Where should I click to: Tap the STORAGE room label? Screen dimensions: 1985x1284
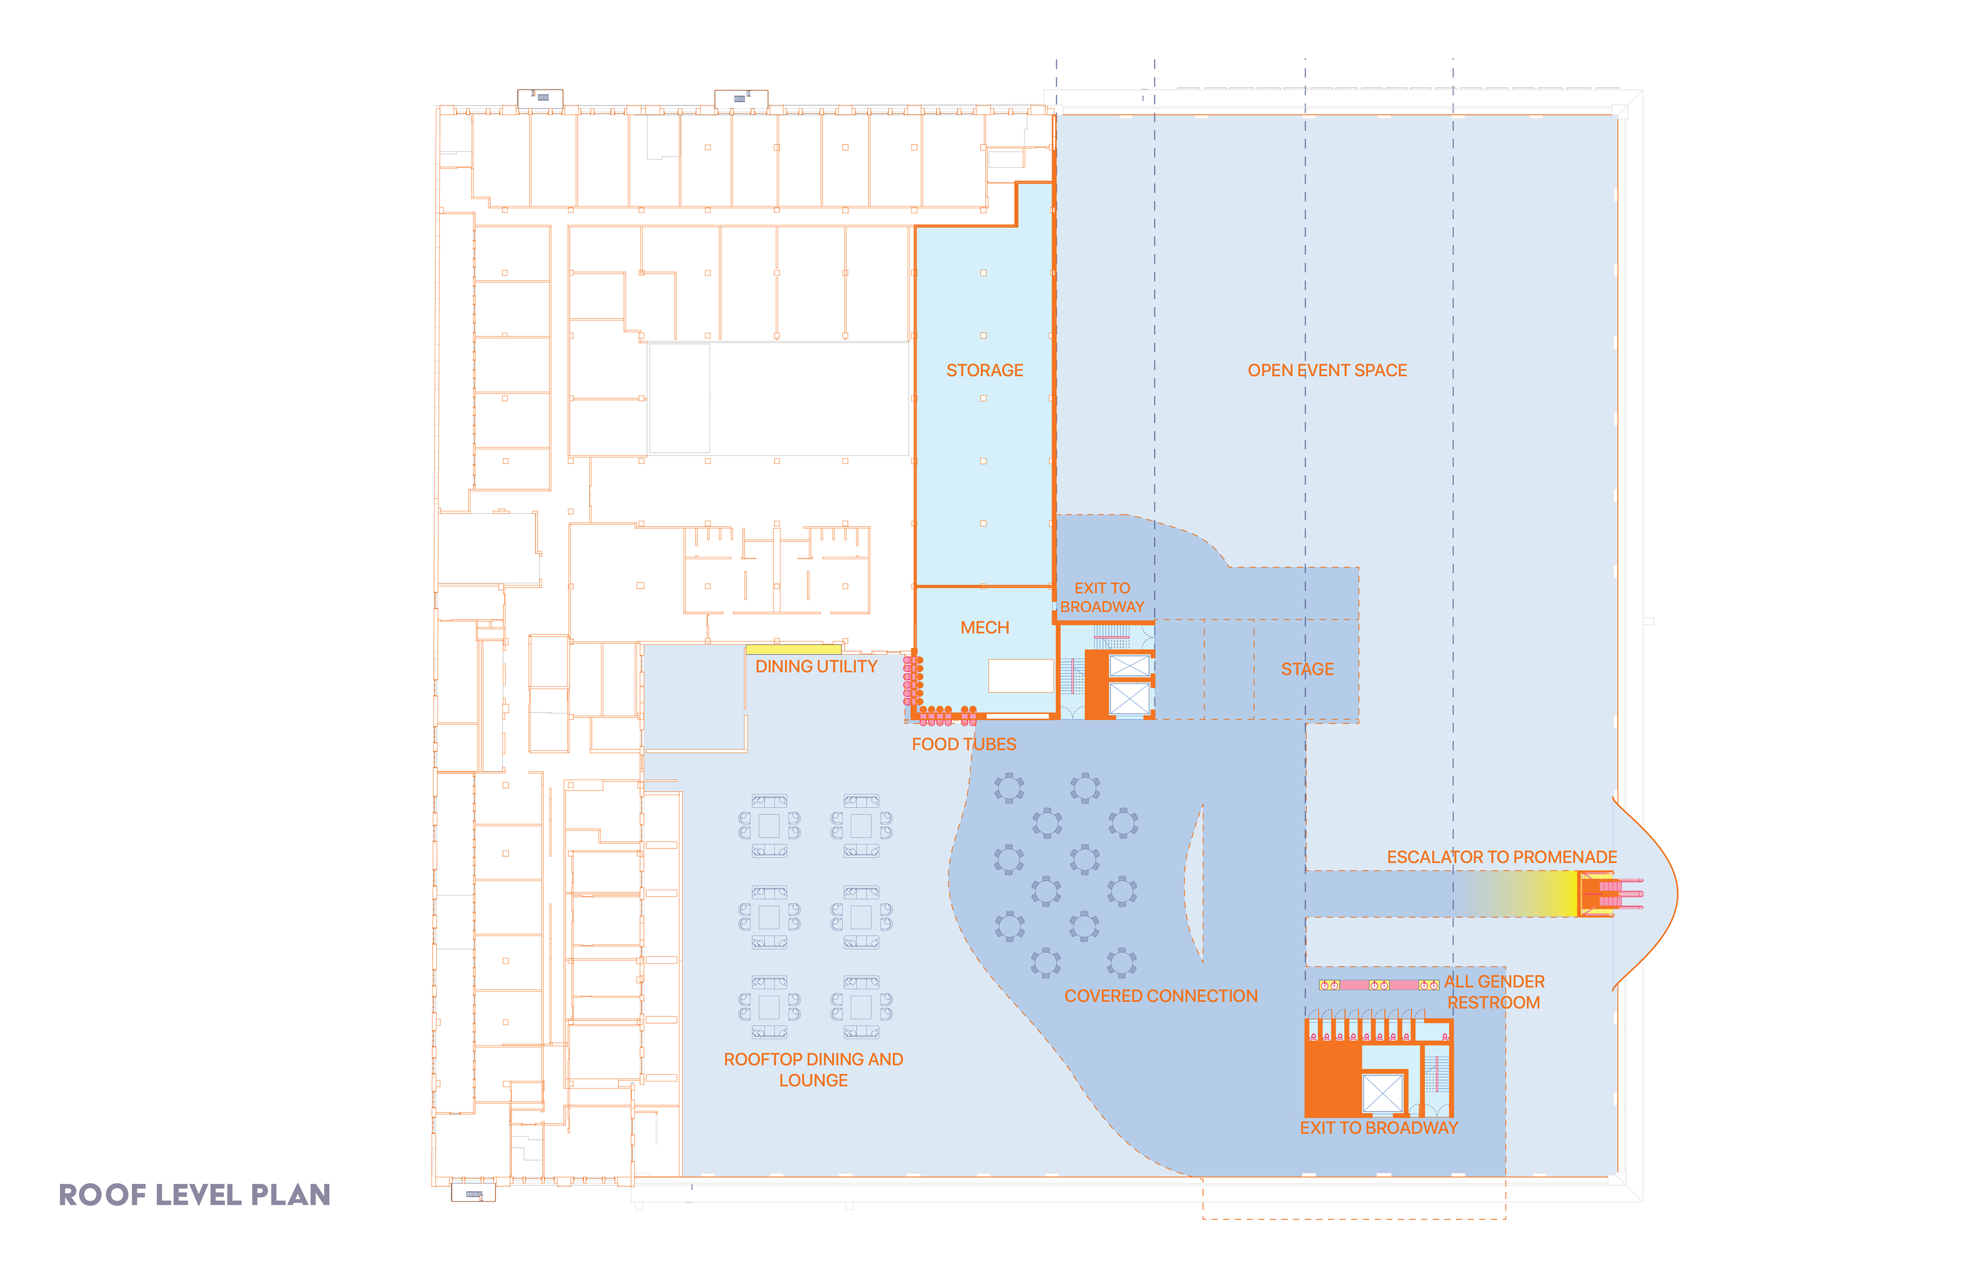[x=984, y=370]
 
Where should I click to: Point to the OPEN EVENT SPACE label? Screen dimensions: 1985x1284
[x=1327, y=370]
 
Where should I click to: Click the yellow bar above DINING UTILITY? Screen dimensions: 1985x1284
[x=793, y=648]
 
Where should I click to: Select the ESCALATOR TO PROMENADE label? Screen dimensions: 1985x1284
[x=1501, y=857]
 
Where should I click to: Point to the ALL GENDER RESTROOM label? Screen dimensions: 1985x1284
[x=1494, y=992]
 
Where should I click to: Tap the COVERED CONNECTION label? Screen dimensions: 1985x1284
[x=1160, y=996]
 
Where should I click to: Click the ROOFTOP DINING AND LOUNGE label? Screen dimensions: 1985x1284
[x=813, y=1070]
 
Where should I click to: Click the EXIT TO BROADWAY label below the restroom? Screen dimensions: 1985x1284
[x=1379, y=1128]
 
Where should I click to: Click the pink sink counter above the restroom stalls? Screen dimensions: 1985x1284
[x=1379, y=985]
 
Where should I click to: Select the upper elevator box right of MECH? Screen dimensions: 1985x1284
[x=1129, y=666]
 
